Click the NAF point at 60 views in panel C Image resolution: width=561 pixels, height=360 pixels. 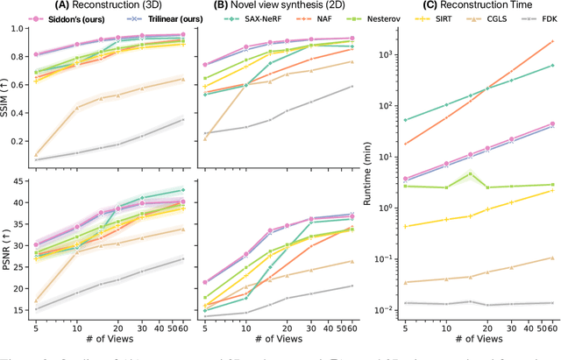[x=552, y=41]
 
